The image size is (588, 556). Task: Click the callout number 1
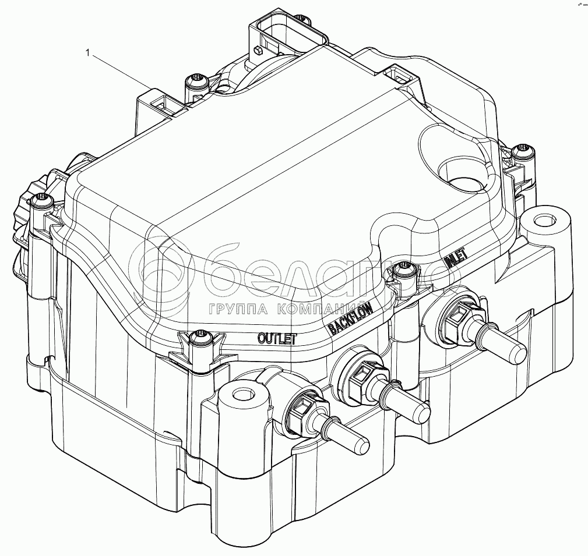click(88, 54)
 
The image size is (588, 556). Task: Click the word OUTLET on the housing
click(277, 338)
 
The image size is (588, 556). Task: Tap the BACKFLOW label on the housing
click(350, 319)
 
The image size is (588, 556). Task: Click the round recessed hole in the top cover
click(463, 174)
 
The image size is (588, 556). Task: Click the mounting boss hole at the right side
click(543, 222)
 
